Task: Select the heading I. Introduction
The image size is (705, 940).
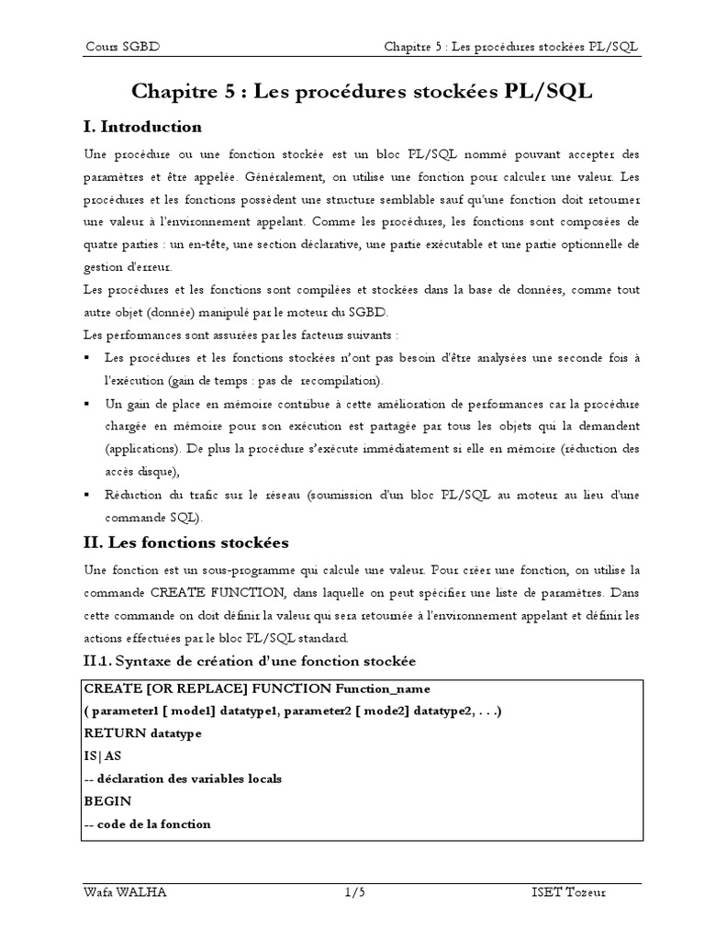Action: tap(142, 126)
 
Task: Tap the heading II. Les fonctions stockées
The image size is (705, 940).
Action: tap(185, 542)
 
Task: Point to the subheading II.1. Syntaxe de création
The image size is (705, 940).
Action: tap(249, 661)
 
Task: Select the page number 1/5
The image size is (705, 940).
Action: tap(354, 891)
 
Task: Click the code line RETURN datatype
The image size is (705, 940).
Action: tap(142, 733)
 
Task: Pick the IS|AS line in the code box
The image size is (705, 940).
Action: tap(102, 755)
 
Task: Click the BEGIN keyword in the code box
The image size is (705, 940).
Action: tap(107, 800)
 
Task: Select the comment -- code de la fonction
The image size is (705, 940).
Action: tap(147, 823)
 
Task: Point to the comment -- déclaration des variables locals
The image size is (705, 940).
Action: tap(182, 778)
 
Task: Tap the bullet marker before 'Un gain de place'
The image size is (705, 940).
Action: tap(86, 404)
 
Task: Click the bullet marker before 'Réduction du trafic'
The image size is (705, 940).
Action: tap(86, 495)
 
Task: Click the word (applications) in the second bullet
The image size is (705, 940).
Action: tap(142, 449)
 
